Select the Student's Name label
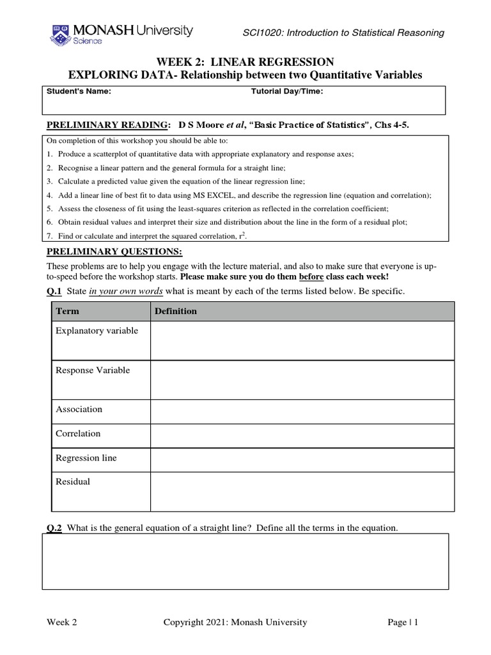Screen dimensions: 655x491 79,91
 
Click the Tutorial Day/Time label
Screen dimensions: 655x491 287,91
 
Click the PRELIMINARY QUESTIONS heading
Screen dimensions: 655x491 114,251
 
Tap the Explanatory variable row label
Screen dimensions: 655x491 97,331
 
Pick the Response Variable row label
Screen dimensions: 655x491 93,370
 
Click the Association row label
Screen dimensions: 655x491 79,409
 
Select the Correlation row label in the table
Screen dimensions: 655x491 78,434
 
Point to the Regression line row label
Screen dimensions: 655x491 86,458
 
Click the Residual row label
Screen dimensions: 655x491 73,482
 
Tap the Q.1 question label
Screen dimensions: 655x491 54,292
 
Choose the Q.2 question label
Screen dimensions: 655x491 54,528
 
